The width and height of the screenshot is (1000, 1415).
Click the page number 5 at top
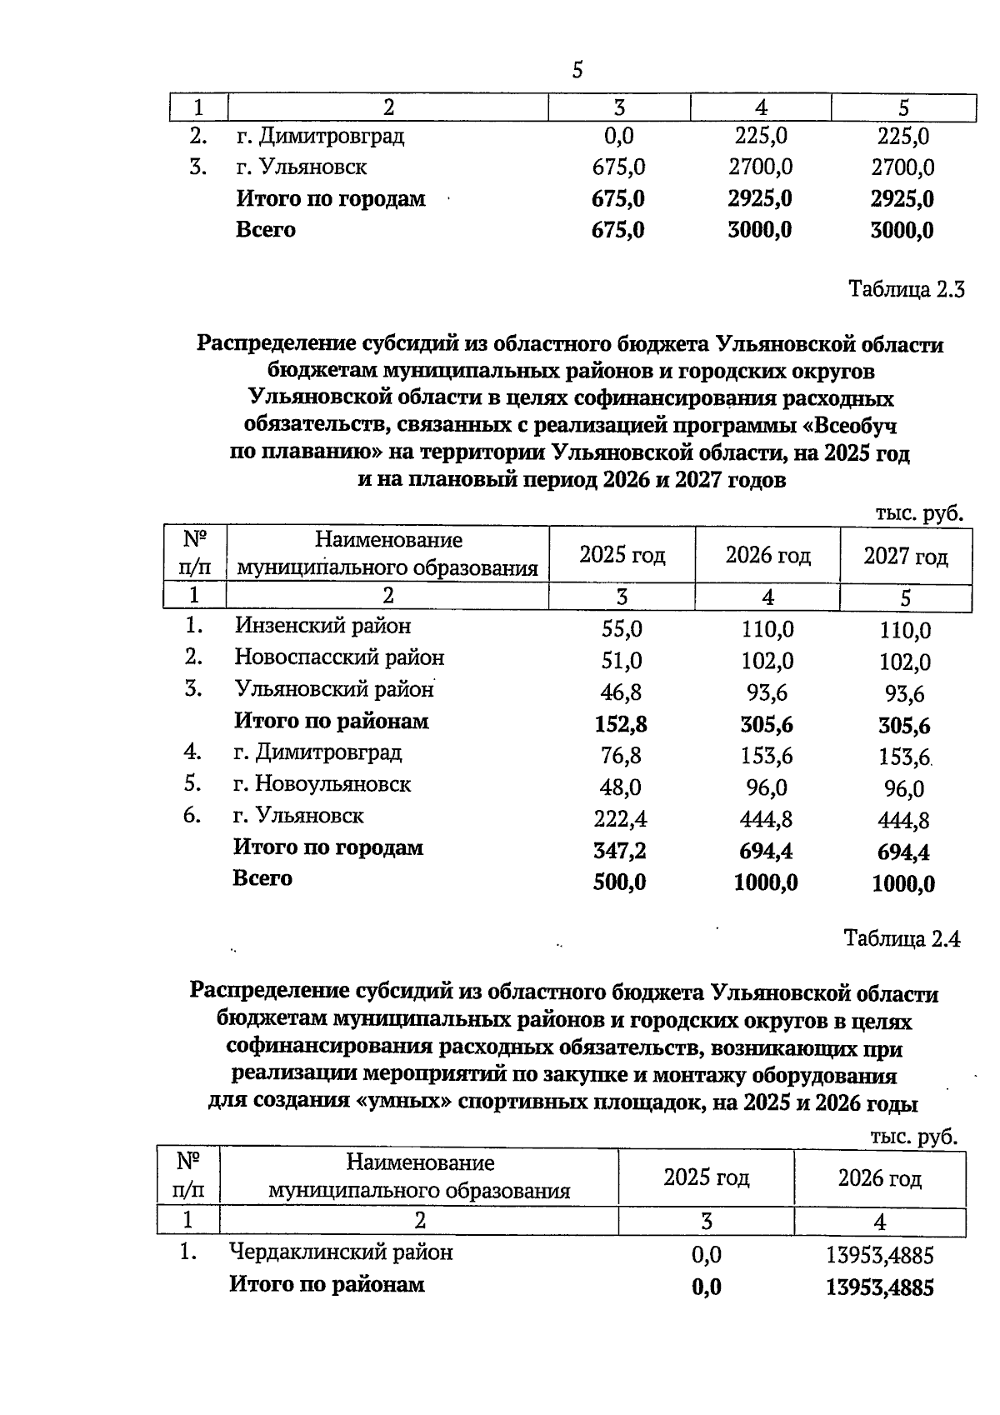coord(577,71)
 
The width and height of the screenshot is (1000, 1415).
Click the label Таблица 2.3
coord(906,290)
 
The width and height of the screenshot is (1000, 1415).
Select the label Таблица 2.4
coord(902,938)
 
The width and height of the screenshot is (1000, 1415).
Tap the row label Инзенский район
coord(322,625)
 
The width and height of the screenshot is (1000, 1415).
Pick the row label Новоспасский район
coord(339,657)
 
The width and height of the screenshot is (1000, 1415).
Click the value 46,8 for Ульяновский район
coord(621,692)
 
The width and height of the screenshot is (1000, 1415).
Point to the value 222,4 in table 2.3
coord(620,819)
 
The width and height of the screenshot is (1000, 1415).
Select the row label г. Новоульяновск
coord(322,784)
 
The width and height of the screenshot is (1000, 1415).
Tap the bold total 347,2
coord(620,851)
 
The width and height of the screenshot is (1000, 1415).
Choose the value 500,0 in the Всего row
coord(619,882)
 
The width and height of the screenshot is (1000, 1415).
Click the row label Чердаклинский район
coord(341,1252)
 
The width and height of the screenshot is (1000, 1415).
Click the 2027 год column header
coord(905,556)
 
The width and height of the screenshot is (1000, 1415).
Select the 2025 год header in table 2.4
coord(706,1177)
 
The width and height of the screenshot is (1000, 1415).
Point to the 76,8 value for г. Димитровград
coord(621,756)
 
